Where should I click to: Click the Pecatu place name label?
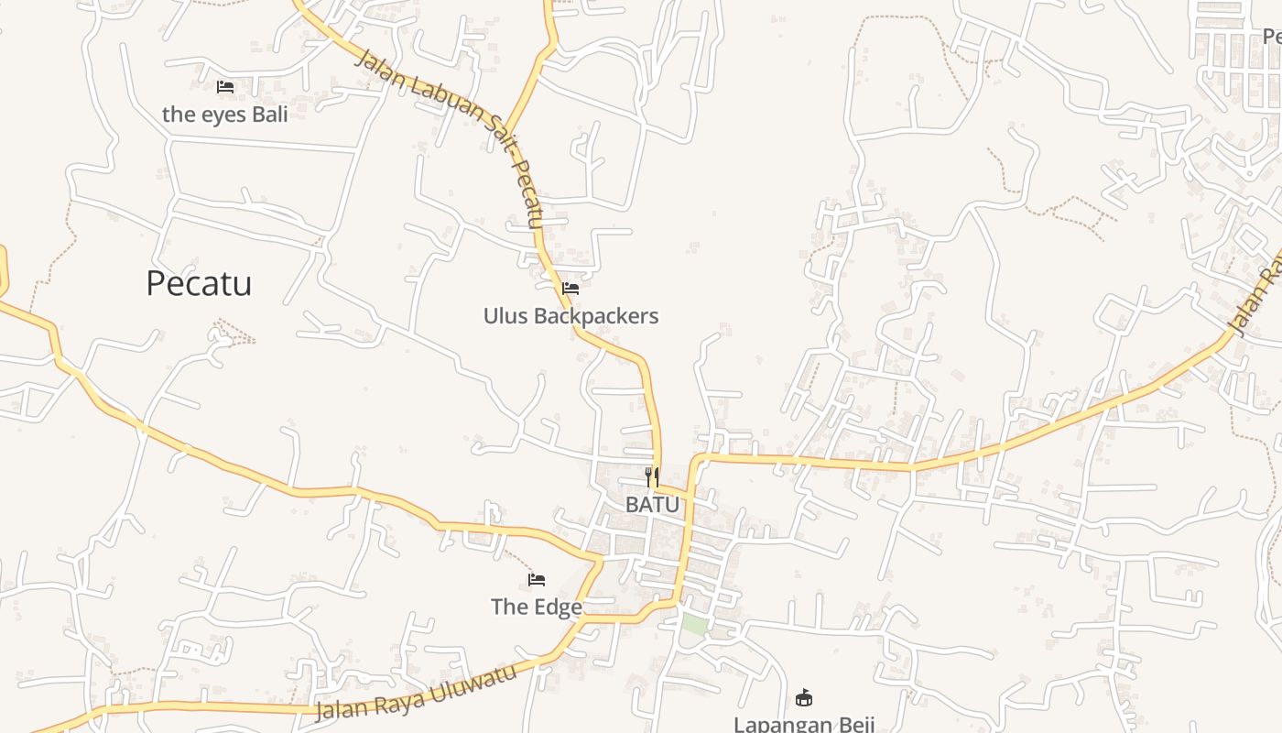199,284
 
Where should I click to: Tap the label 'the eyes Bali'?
224,115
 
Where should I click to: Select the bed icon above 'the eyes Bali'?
225,87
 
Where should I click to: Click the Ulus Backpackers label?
570,316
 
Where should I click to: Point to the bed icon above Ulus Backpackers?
570,289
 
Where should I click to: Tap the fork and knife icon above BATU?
652,476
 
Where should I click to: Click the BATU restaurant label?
653,505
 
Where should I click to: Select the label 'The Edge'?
536,607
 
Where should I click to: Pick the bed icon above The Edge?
537,580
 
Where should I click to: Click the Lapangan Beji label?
804,724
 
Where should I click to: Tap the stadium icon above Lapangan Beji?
804,698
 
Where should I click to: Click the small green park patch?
694,625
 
